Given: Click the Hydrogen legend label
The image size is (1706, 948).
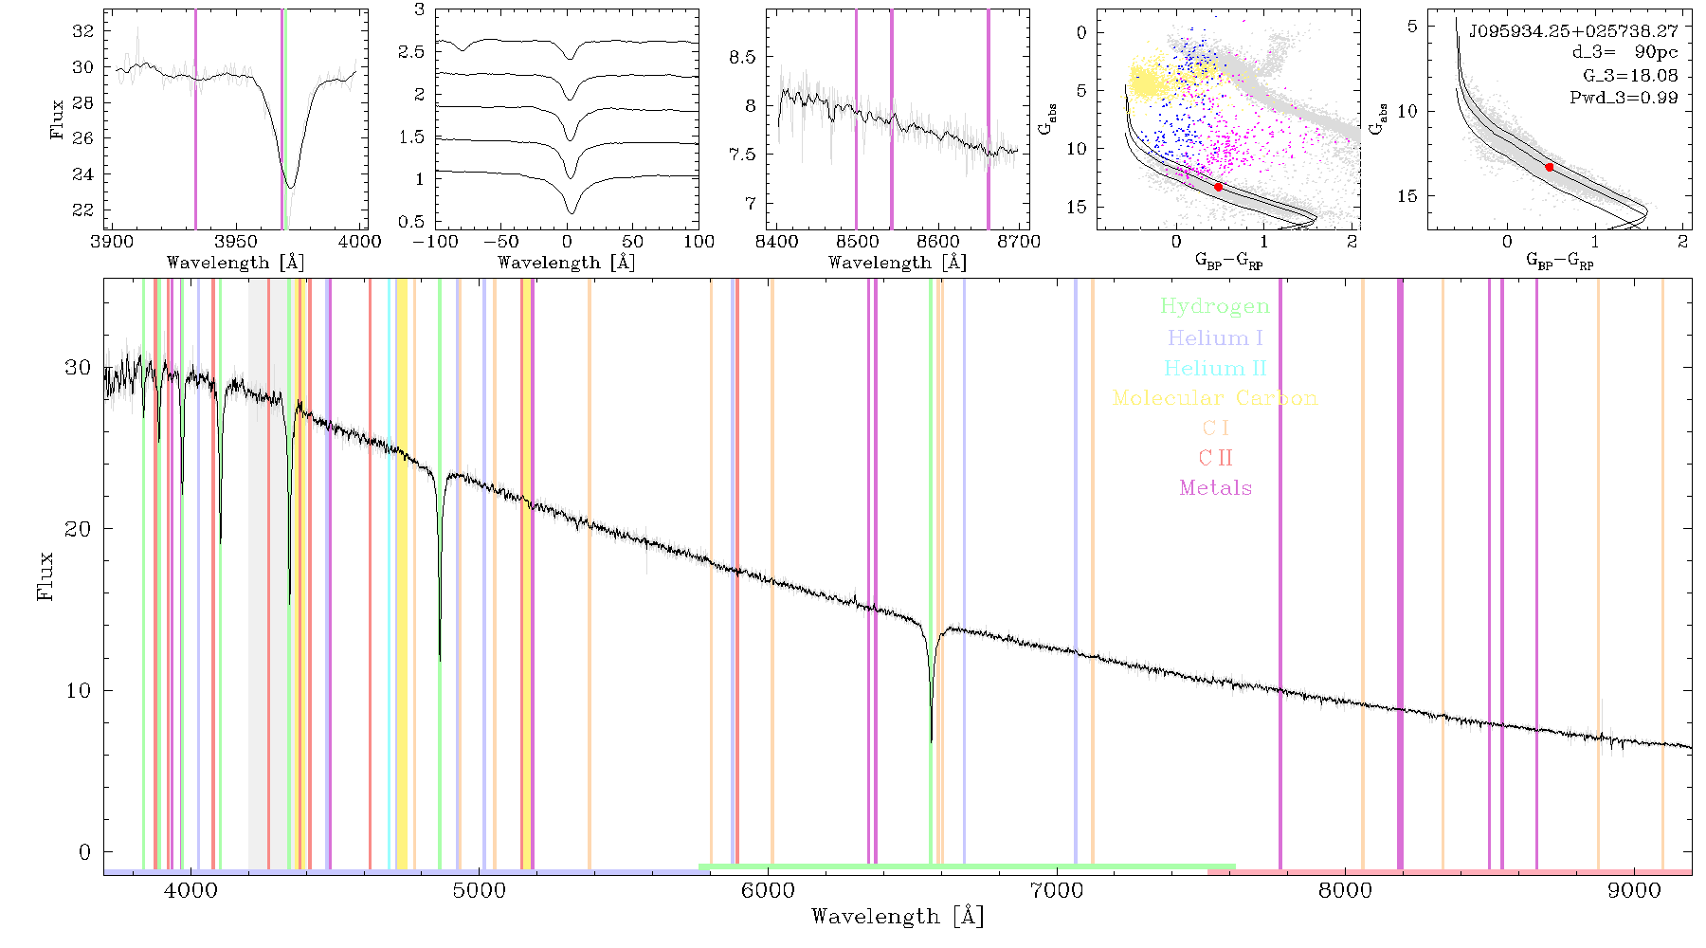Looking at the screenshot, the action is (1214, 307).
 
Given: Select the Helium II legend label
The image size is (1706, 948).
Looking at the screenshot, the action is (1215, 368).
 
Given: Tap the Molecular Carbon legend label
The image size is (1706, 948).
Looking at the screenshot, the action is (1215, 398).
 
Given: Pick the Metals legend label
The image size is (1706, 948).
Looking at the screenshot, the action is (1215, 488).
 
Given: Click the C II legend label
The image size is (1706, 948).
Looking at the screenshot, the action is (1215, 458).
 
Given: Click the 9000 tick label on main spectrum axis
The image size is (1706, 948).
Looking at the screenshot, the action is (1634, 890).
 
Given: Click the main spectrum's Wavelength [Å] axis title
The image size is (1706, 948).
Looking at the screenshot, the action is (898, 917).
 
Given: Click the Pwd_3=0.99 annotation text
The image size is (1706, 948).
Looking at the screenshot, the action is (1624, 98).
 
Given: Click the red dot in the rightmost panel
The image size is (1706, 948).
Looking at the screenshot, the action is (1550, 167).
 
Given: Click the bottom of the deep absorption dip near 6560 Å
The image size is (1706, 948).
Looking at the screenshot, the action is (932, 740).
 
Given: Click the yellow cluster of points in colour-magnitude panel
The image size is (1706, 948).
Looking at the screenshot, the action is (1149, 81).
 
